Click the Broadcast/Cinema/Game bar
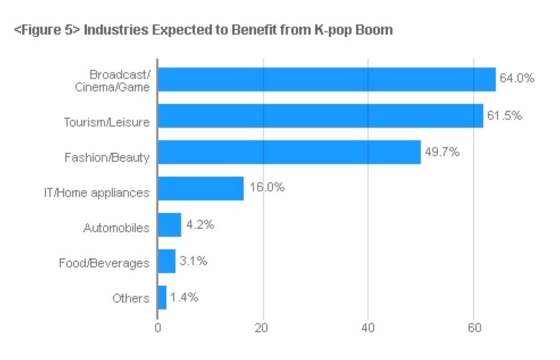coord(327,79)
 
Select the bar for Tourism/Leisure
coord(320,116)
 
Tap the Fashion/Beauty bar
coord(289,152)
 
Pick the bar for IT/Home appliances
coord(200,189)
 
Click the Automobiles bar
coord(169,225)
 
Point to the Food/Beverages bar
coord(166,261)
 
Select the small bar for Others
coord(162,298)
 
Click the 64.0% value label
coord(517,78)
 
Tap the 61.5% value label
coord(504,115)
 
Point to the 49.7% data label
coord(442,152)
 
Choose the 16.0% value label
coord(266,187)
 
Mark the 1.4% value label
coord(184,298)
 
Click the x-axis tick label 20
coord(262,328)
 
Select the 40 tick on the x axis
coord(367,328)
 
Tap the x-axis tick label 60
coord(474,328)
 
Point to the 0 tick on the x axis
coord(157,328)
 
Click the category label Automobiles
coord(116,228)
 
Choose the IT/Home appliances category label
coord(97,192)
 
